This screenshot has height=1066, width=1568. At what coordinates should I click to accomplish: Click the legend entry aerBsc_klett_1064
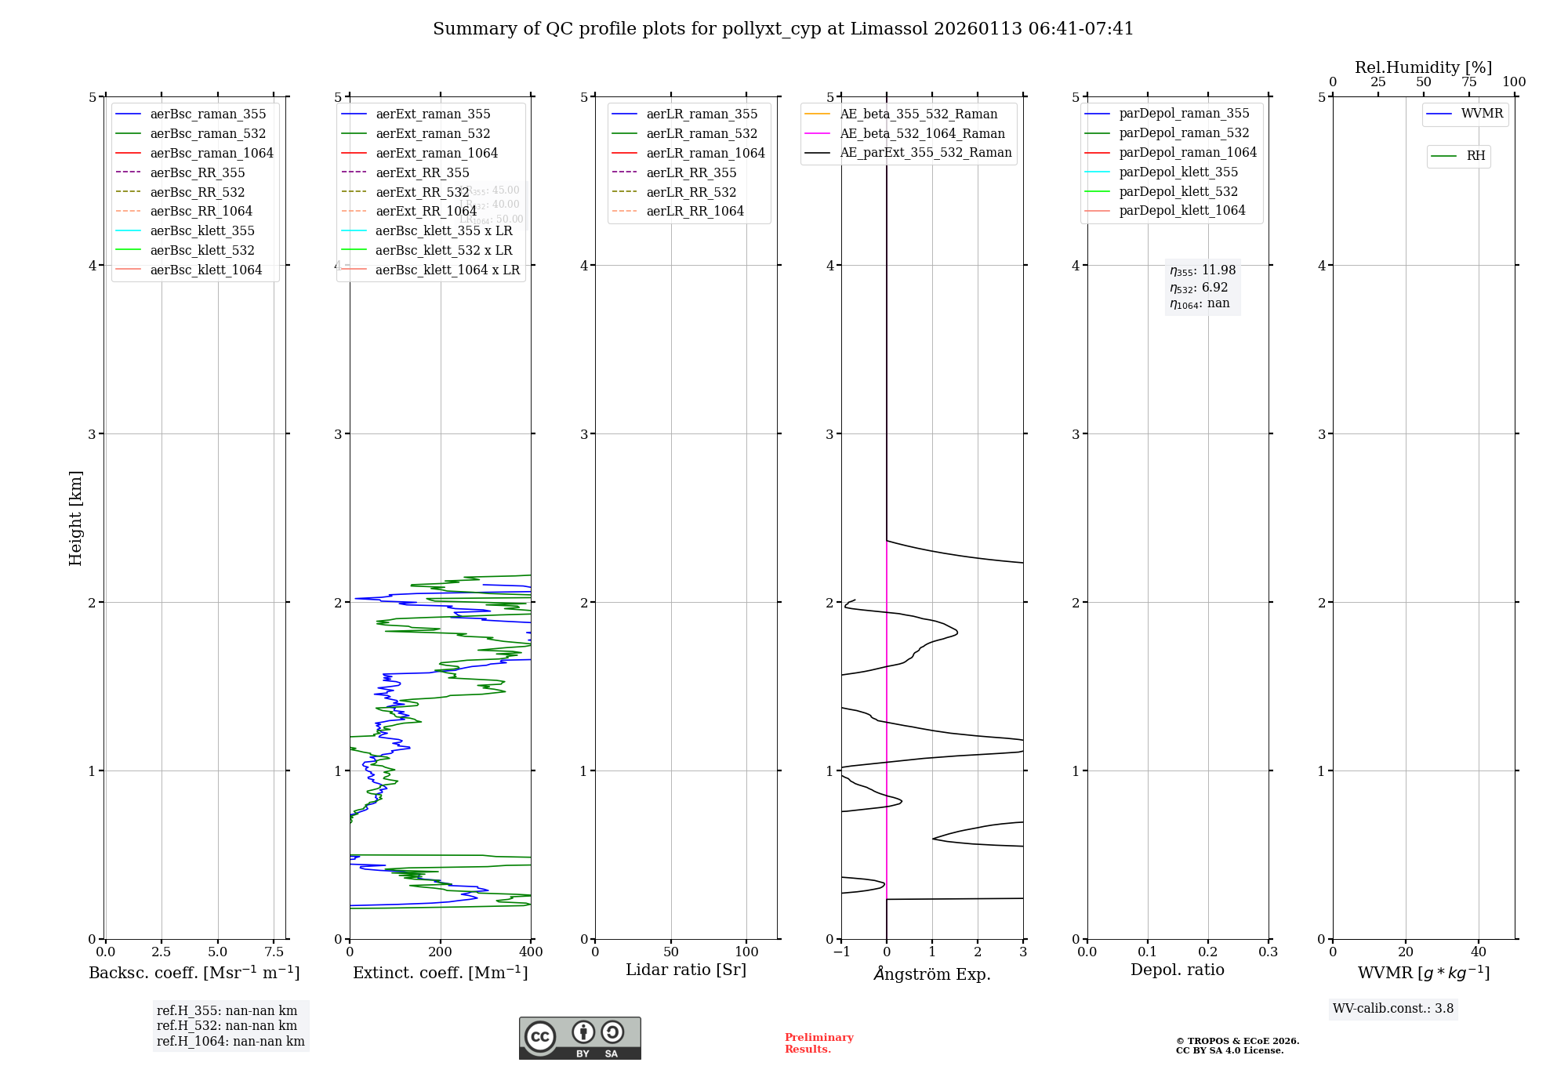coord(206,270)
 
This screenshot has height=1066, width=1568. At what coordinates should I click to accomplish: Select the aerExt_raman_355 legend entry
coord(433,114)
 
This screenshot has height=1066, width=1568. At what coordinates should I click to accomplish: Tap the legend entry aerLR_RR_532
coord(691,192)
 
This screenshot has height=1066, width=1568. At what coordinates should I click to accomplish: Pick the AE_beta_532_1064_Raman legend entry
coord(922,134)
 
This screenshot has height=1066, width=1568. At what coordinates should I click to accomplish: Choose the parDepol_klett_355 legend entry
coord(1178,172)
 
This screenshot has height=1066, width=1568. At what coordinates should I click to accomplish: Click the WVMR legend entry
coord(1482,114)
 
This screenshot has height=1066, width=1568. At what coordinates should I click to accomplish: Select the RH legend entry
coord(1475,156)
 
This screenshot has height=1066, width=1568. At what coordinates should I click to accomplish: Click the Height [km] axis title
coord(75,518)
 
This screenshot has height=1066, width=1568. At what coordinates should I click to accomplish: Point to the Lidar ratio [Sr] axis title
coord(686,970)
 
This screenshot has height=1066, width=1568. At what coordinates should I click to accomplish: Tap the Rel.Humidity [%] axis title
coord(1423,67)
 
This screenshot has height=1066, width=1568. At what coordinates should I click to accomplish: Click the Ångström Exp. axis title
coord(932,974)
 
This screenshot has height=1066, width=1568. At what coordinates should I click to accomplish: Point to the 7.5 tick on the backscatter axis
coord(274,952)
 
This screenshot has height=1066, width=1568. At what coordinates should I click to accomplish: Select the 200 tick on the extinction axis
coord(441,952)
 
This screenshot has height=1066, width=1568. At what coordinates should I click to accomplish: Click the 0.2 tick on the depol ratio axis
coord(1208,952)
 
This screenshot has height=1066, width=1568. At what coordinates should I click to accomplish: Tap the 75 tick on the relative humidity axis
coord(1469,82)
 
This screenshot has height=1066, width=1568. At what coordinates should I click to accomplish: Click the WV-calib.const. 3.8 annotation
coord(1393,1009)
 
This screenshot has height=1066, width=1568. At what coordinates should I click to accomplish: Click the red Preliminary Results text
coord(818,1043)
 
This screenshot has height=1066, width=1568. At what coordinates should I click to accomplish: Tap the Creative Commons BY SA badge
coord(579,1039)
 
